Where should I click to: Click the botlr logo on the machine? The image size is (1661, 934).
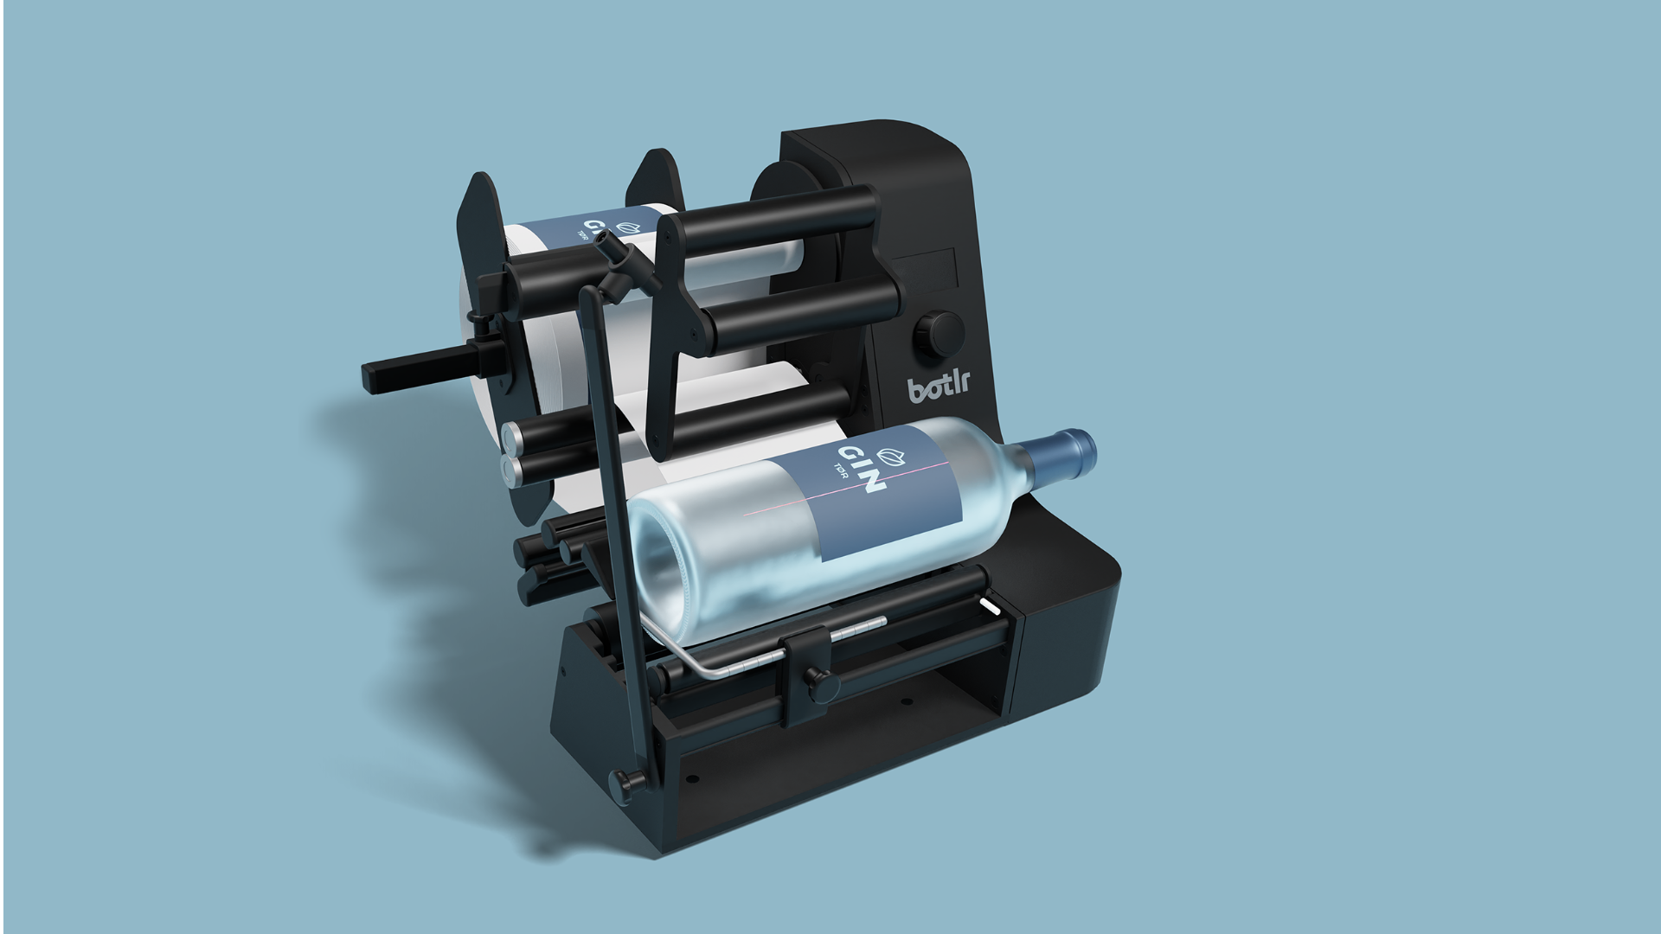[939, 387]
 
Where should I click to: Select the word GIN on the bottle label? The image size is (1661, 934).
[861, 470]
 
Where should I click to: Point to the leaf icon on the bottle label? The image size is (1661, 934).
[889, 456]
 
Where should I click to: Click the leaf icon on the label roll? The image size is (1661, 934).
[628, 227]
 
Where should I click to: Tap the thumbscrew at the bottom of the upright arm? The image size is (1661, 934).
[626, 783]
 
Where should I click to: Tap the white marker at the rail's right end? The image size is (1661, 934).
[991, 605]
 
